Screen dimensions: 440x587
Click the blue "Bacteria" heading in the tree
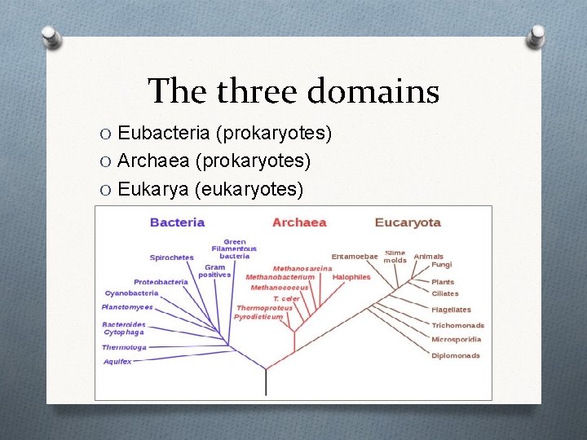click(177, 222)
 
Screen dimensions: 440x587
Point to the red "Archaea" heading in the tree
click(299, 222)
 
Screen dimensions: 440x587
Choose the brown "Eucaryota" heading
click(408, 222)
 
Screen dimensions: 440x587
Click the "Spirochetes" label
click(171, 257)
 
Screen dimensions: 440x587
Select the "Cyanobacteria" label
click(131, 293)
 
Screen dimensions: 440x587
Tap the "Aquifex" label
click(117, 362)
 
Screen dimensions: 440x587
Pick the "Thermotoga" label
click(124, 347)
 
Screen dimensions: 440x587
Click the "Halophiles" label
click(351, 277)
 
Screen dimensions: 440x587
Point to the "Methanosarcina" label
click(302, 268)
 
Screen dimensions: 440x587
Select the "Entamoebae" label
click(355, 257)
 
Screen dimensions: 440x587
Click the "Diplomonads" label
click(456, 355)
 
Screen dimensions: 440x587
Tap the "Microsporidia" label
click(457, 339)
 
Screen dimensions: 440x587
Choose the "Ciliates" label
click(445, 293)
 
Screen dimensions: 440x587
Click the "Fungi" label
click(441, 265)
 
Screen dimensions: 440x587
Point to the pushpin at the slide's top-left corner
click(50, 37)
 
